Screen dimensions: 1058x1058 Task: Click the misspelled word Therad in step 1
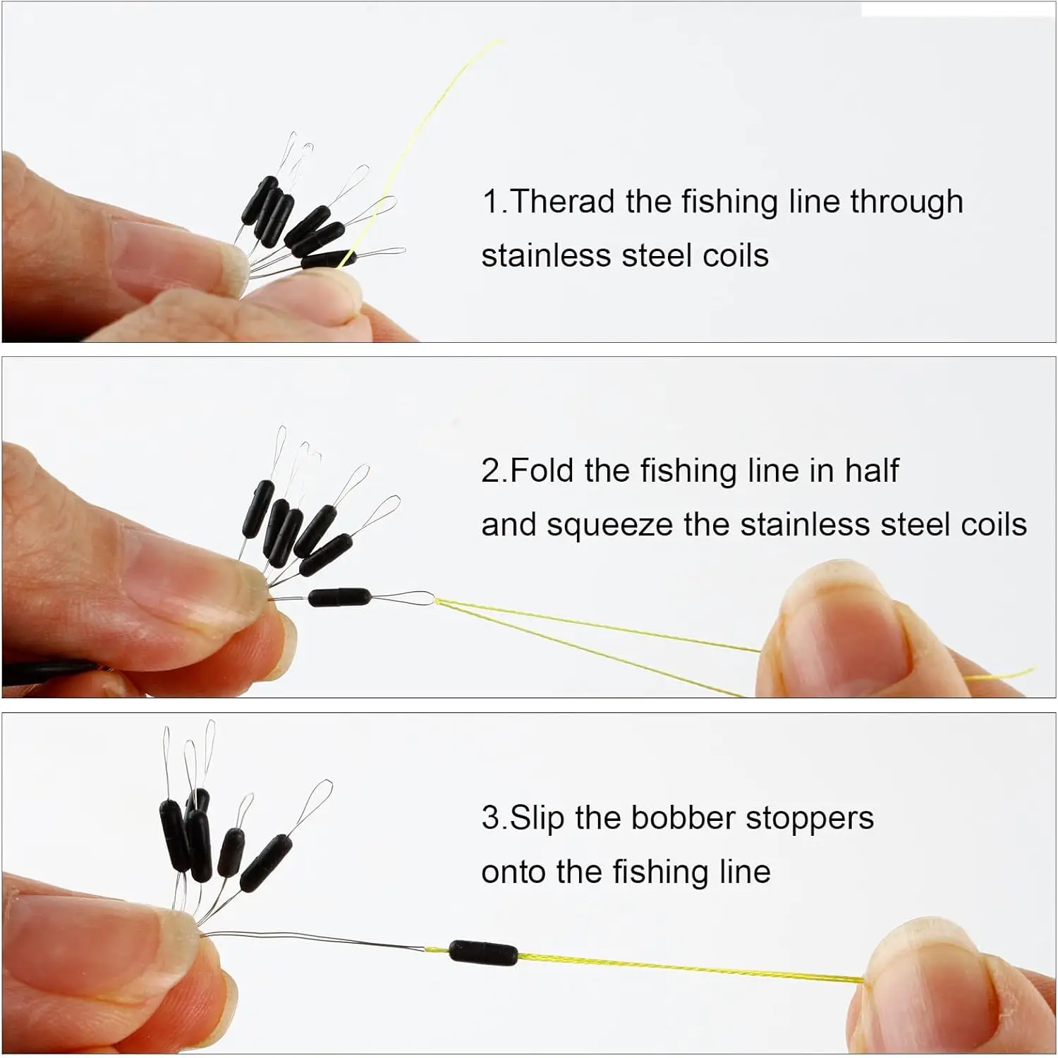coord(562,202)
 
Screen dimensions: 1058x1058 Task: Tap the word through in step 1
coord(906,203)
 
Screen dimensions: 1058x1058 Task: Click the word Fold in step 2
coord(541,470)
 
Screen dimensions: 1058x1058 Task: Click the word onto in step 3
coord(515,872)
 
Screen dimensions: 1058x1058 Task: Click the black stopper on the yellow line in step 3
coord(484,953)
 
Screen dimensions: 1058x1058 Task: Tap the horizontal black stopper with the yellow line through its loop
coord(340,597)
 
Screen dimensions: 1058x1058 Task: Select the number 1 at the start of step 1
coord(491,202)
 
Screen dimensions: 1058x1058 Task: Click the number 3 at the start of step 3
coord(491,818)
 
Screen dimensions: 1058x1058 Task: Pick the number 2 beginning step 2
coord(491,470)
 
